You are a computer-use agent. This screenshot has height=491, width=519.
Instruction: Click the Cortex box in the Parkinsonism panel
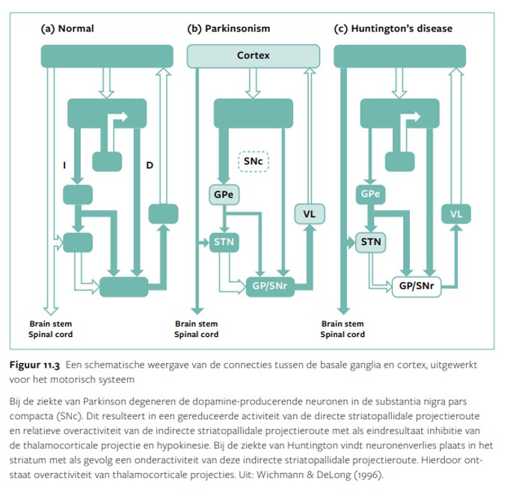tap(254, 55)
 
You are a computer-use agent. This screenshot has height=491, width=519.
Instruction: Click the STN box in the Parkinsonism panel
tap(224, 242)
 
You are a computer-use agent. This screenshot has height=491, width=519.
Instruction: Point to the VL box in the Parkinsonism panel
tap(309, 214)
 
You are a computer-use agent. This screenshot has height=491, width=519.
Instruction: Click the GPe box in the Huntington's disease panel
tap(369, 195)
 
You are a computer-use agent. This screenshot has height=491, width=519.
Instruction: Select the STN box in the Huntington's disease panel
tap(369, 242)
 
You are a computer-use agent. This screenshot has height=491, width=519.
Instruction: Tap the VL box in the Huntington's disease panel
tap(455, 214)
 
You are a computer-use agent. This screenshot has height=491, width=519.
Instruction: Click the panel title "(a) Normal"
tap(67, 29)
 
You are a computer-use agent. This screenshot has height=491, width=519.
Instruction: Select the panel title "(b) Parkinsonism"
tap(228, 29)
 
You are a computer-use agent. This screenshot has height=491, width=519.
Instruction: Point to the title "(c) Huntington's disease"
tap(393, 29)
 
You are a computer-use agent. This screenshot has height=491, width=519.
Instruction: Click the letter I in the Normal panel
tap(65, 163)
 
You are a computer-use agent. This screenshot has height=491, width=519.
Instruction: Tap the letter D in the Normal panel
tap(150, 163)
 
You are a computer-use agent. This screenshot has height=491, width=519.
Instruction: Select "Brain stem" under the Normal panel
tap(50, 324)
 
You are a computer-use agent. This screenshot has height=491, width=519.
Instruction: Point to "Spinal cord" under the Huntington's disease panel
tap(343, 335)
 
